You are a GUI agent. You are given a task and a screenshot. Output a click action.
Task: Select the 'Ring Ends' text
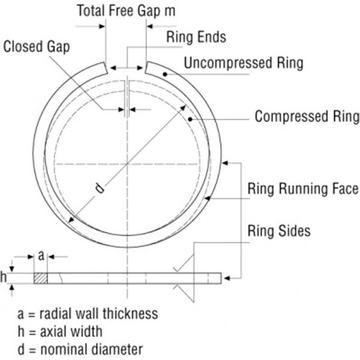point(196,37)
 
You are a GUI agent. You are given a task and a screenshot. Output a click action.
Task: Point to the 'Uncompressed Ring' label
point(244,62)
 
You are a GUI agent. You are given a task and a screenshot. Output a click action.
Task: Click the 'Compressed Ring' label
point(307,116)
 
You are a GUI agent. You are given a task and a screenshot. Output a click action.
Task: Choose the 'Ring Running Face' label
point(303,190)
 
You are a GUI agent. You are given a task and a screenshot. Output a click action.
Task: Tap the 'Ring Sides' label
point(279,230)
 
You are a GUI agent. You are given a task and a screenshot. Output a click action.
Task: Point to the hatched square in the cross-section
point(41,278)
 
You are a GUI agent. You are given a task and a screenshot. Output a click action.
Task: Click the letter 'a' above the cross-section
point(40,255)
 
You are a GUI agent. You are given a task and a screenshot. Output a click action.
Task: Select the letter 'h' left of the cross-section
point(4,277)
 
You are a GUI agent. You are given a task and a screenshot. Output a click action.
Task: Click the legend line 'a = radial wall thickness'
point(88,313)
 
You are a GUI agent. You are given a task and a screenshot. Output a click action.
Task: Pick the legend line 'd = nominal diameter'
point(80,348)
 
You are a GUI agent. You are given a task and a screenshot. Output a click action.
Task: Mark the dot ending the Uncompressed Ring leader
point(170,74)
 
